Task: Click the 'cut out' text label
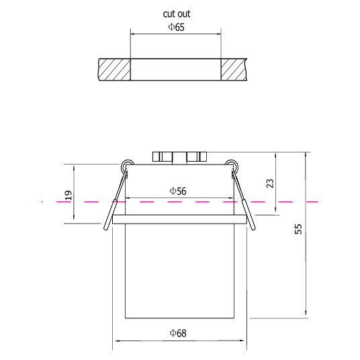(177, 14)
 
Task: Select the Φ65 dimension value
(177, 27)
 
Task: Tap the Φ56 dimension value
(178, 191)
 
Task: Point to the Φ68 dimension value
(178, 333)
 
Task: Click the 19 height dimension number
(69, 195)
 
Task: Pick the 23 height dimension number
(270, 183)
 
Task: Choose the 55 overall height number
(298, 229)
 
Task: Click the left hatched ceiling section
(115, 70)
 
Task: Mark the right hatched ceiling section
(234, 70)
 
